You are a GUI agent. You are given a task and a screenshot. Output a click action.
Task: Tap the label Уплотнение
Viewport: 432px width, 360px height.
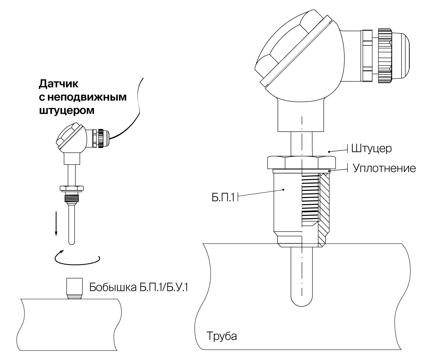point(384,168)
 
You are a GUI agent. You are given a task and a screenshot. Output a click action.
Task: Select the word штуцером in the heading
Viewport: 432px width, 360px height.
point(66,110)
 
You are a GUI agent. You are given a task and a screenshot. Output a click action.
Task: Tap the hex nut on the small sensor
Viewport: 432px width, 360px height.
point(72,188)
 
